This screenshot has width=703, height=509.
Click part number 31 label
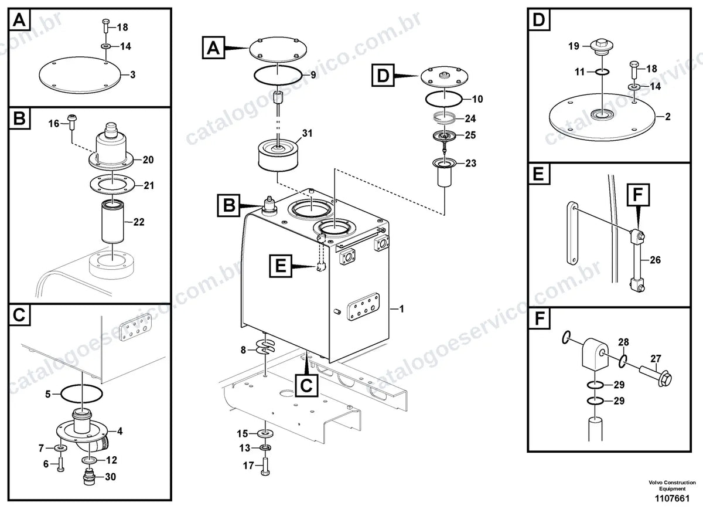pyautogui.click(x=307, y=133)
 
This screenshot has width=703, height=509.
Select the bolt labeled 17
pyautogui.click(x=265, y=467)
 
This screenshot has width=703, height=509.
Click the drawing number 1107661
pyautogui.click(x=672, y=498)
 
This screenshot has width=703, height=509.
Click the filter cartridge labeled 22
pyautogui.click(x=112, y=221)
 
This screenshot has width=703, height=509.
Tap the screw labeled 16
pyautogui.click(x=73, y=122)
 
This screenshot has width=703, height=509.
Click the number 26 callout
pyautogui.click(x=655, y=260)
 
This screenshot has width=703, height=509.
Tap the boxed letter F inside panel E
pyautogui.click(x=638, y=195)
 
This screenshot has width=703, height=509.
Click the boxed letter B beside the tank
pyautogui.click(x=228, y=205)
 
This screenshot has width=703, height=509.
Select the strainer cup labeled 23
pyautogui.click(x=445, y=173)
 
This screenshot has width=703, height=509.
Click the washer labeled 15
pyautogui.click(x=265, y=434)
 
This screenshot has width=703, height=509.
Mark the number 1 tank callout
pyautogui.click(x=401, y=309)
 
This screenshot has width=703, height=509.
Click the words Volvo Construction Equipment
pyautogui.click(x=672, y=486)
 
